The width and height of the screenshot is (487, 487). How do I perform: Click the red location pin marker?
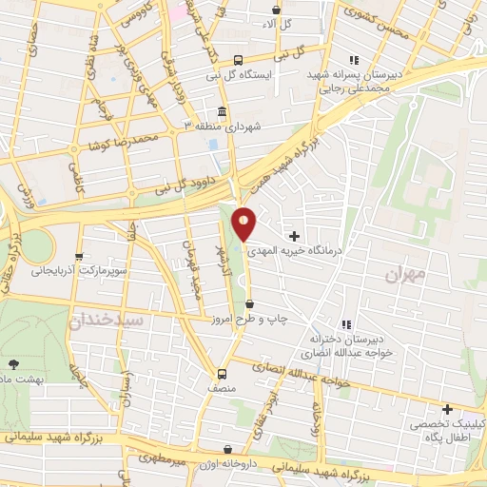coord(244,224)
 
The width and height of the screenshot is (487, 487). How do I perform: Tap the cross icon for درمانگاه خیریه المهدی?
coord(294,235)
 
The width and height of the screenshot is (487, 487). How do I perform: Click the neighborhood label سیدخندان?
coord(107,321)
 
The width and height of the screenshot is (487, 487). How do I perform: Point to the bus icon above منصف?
coord(222,373)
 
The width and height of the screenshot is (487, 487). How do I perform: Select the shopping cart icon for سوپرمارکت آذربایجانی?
coord(79,256)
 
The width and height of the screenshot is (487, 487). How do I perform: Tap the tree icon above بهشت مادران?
coord(12,363)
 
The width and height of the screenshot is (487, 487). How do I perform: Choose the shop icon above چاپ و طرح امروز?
coord(249,303)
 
